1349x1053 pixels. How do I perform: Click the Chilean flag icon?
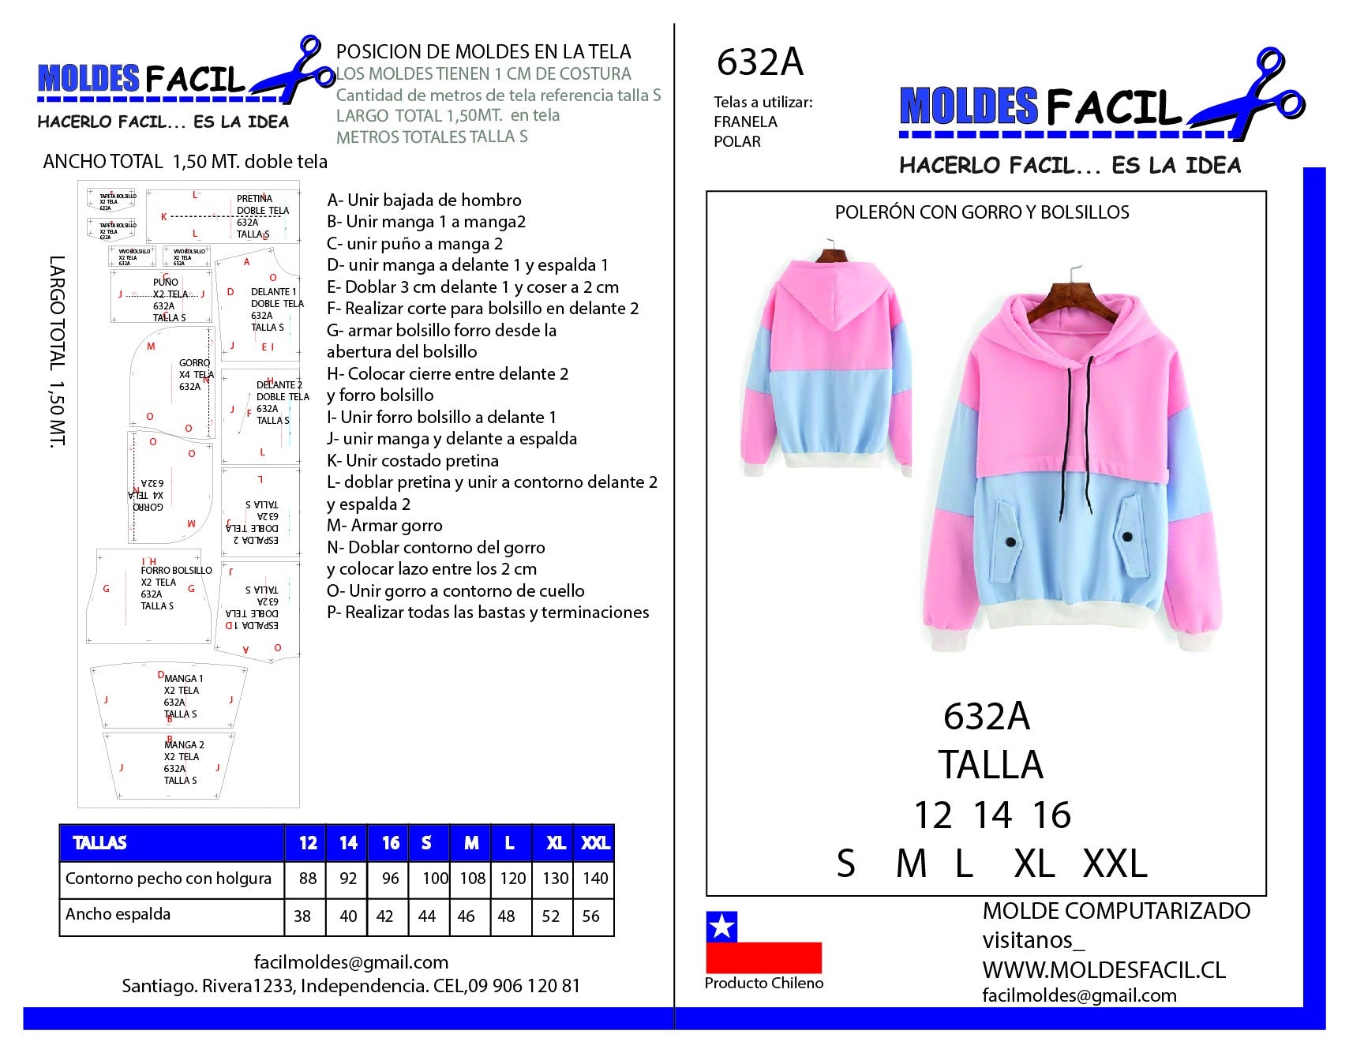click(763, 942)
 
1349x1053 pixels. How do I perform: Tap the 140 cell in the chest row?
click(595, 879)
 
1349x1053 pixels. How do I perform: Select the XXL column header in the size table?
click(595, 843)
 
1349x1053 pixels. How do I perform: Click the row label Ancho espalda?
click(118, 914)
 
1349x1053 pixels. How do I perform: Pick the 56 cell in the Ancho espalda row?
click(590, 916)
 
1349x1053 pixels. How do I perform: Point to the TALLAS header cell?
click(100, 843)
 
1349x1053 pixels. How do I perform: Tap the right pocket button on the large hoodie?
click(1126, 537)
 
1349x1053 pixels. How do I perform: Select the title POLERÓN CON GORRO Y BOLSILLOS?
click(981, 212)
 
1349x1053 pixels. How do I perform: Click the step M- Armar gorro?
click(384, 526)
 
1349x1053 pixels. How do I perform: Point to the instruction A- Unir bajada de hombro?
click(424, 200)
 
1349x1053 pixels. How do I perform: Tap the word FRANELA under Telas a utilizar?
click(745, 122)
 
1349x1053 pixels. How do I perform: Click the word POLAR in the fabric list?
click(737, 142)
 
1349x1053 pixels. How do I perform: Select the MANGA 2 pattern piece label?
click(183, 745)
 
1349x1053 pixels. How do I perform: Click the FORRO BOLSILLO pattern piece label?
click(176, 571)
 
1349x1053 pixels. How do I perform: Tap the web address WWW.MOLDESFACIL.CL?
click(1104, 970)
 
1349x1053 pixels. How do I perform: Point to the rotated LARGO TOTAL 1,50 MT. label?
click(57, 351)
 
